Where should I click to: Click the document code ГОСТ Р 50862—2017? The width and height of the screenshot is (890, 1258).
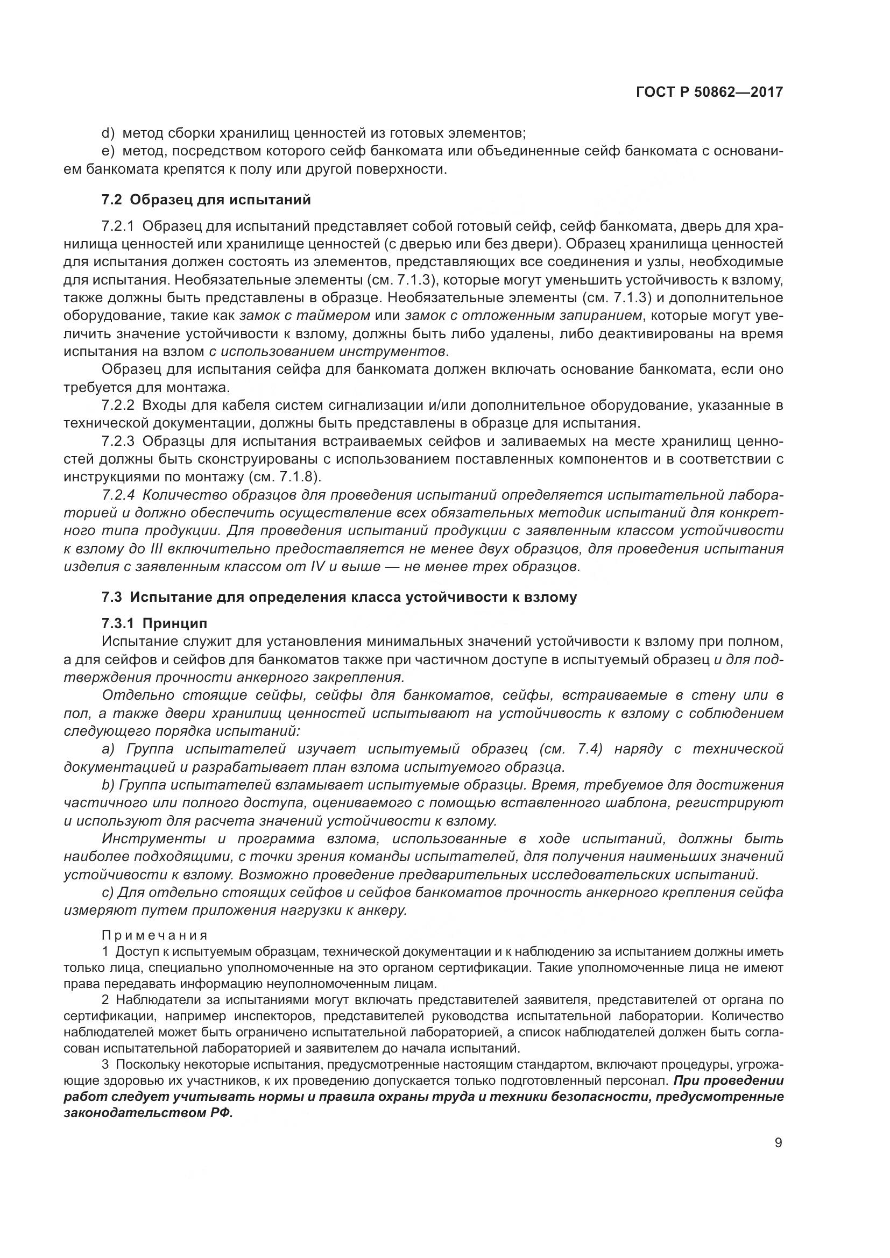click(709, 93)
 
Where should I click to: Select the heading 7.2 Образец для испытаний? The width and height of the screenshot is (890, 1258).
click(206, 200)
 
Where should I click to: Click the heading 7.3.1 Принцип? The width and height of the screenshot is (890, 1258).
click(154, 623)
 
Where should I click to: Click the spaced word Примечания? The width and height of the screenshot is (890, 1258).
click(155, 935)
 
